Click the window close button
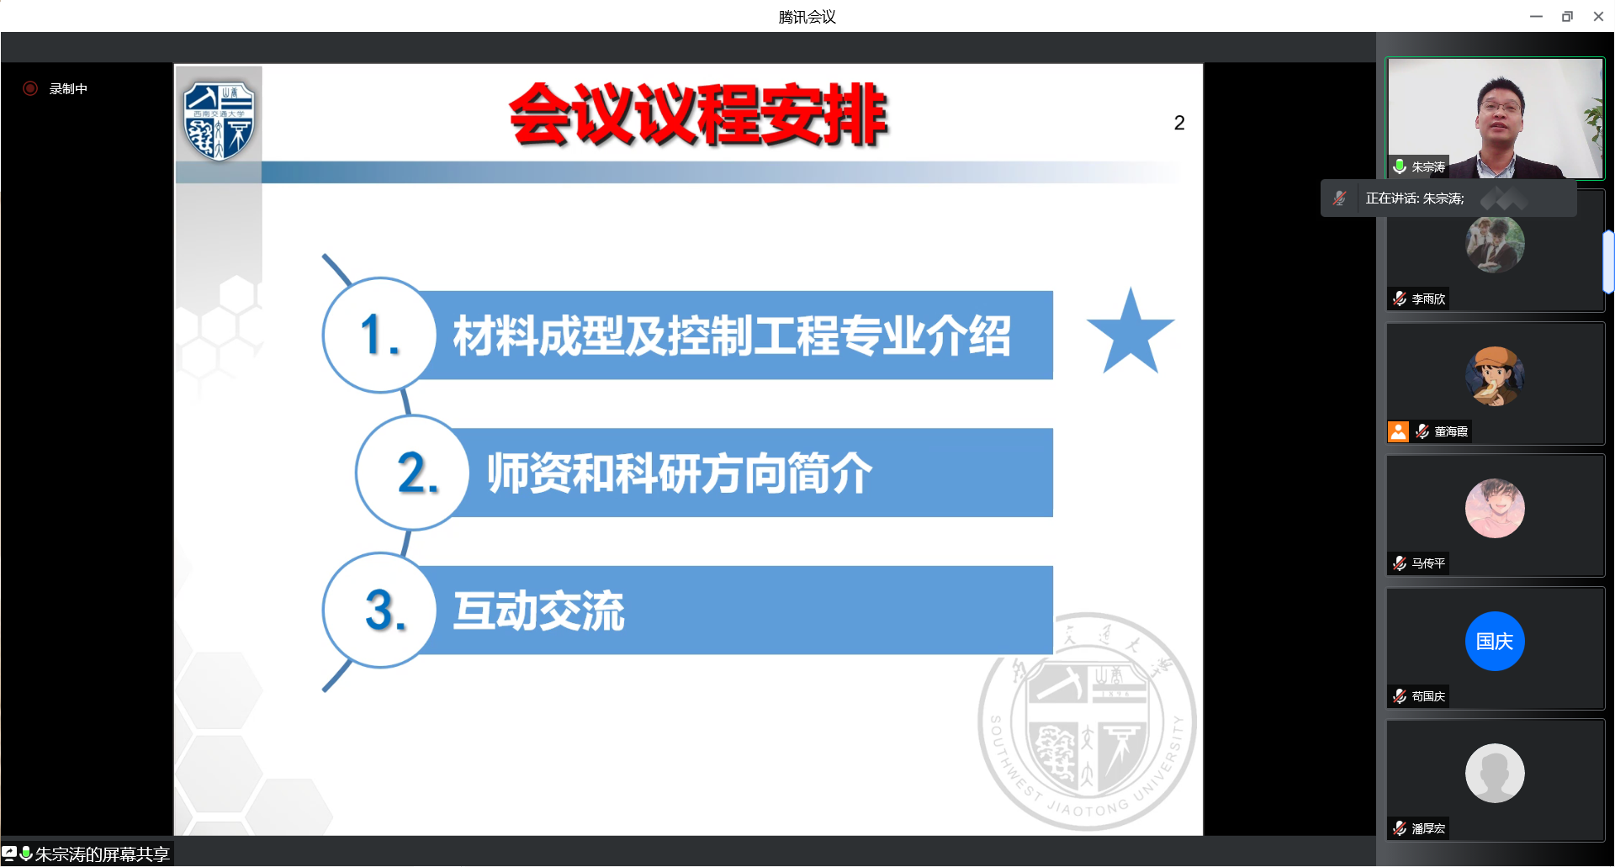[1598, 16]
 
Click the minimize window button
[1536, 16]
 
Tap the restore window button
[1567, 16]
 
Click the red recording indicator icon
[30, 88]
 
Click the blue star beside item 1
[1130, 333]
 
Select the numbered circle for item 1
[379, 335]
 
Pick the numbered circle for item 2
[412, 473]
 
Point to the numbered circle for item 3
[379, 610]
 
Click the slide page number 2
[1179, 123]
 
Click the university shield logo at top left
[220, 120]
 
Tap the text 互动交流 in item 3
[539, 611]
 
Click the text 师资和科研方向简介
[680, 473]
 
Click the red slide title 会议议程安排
[698, 114]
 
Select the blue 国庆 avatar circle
[1495, 641]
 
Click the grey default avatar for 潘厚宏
[1495, 773]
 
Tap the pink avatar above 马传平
[1495, 509]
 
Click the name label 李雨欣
[1428, 299]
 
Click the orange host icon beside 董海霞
[1398, 431]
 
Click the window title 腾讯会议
[807, 17]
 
